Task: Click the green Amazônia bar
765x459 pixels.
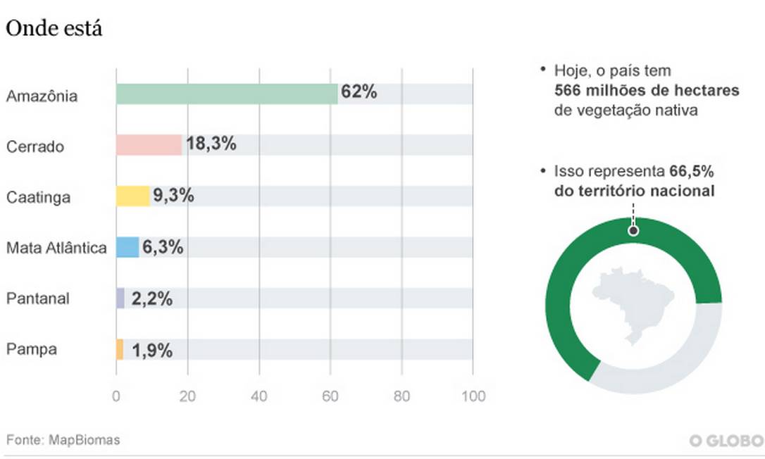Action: [226, 94]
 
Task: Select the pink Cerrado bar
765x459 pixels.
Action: [149, 145]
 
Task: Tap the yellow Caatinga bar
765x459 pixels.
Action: [132, 196]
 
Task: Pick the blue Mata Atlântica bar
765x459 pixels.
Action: [127, 247]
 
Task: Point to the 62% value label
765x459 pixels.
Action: [359, 92]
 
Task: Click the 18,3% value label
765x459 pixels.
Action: [211, 145]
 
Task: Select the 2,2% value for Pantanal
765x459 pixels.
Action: [151, 298]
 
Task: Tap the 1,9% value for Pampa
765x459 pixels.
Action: [151, 350]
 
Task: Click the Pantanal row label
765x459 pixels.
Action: [37, 298]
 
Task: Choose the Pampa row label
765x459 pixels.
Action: [31, 350]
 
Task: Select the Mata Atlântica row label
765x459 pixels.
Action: [56, 248]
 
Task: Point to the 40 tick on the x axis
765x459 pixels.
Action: [259, 396]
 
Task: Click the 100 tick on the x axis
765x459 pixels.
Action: [473, 396]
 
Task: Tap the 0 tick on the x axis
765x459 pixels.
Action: [116, 396]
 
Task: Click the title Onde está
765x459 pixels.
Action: [54, 30]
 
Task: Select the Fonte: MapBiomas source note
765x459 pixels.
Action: [63, 440]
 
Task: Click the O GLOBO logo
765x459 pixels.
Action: [726, 441]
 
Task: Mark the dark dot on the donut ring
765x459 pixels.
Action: [633, 230]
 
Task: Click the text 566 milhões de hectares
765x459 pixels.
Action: [647, 91]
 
